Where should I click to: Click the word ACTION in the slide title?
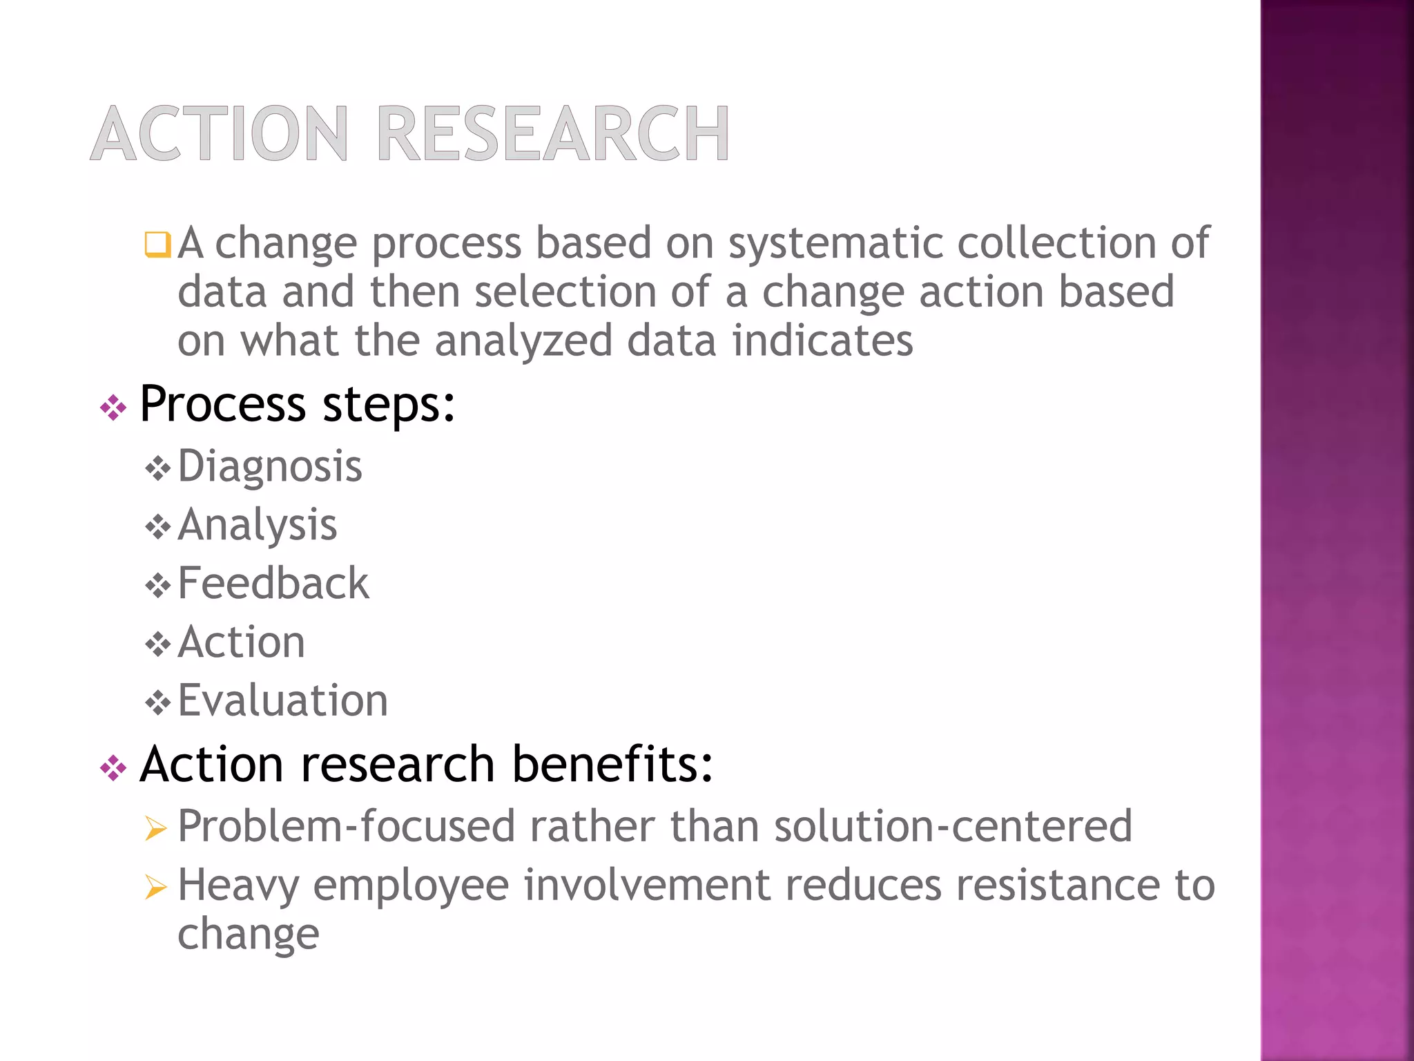pyautogui.click(x=220, y=134)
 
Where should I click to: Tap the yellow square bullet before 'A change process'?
pyautogui.click(x=157, y=245)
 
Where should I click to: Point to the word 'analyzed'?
pyautogui.click(x=523, y=341)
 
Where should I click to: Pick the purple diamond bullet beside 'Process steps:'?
pyautogui.click(x=113, y=408)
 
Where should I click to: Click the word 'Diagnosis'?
pyautogui.click(x=270, y=466)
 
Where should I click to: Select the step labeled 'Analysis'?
pyautogui.click(x=258, y=525)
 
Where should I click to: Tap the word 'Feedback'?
pyautogui.click(x=273, y=584)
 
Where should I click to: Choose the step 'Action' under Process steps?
pyautogui.click(x=241, y=642)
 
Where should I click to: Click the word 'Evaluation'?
pyautogui.click(x=283, y=701)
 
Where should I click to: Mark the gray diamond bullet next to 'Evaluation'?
pyautogui.click(x=158, y=704)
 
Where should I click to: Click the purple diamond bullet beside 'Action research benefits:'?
pyautogui.click(x=113, y=768)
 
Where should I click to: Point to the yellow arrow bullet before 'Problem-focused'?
pyautogui.click(x=156, y=828)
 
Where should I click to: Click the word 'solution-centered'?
pyautogui.click(x=953, y=826)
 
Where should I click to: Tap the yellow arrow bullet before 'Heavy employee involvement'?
pyautogui.click(x=156, y=887)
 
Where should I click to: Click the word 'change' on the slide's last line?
pyautogui.click(x=248, y=935)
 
